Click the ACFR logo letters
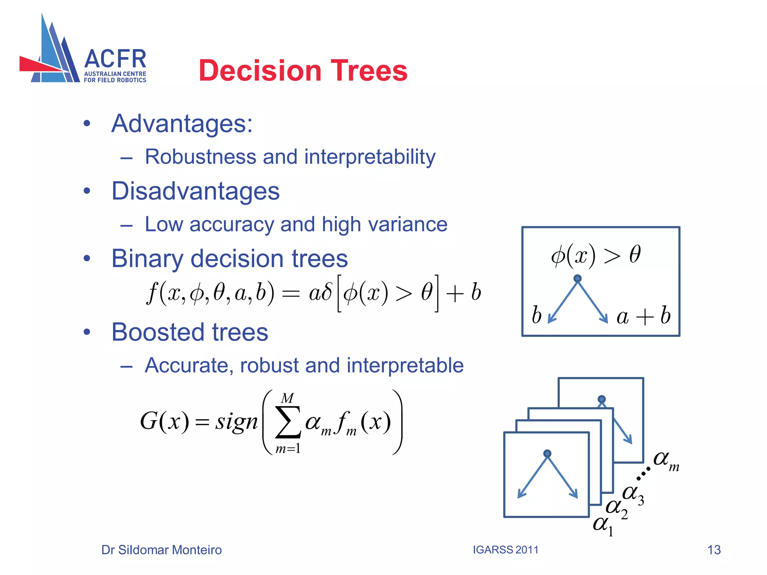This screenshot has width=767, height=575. tap(115, 59)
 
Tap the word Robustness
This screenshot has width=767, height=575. tap(200, 156)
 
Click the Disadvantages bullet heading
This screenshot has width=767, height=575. tap(195, 191)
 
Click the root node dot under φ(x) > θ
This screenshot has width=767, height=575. tap(577, 279)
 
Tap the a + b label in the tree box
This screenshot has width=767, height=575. tap(643, 316)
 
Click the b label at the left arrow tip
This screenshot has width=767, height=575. tap(536, 315)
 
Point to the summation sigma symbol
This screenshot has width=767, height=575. tap(288, 422)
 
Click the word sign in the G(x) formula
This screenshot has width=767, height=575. tap(236, 422)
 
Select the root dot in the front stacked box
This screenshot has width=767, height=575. tap(547, 454)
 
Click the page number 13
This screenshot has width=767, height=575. tap(714, 550)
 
